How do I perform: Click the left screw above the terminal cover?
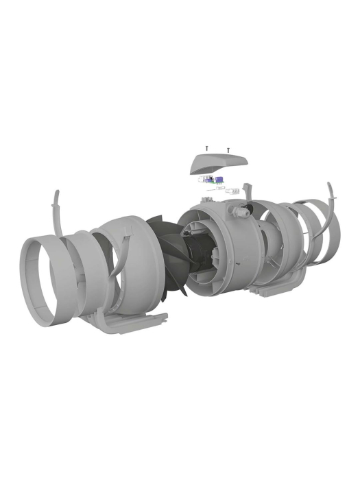click(206, 148)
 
